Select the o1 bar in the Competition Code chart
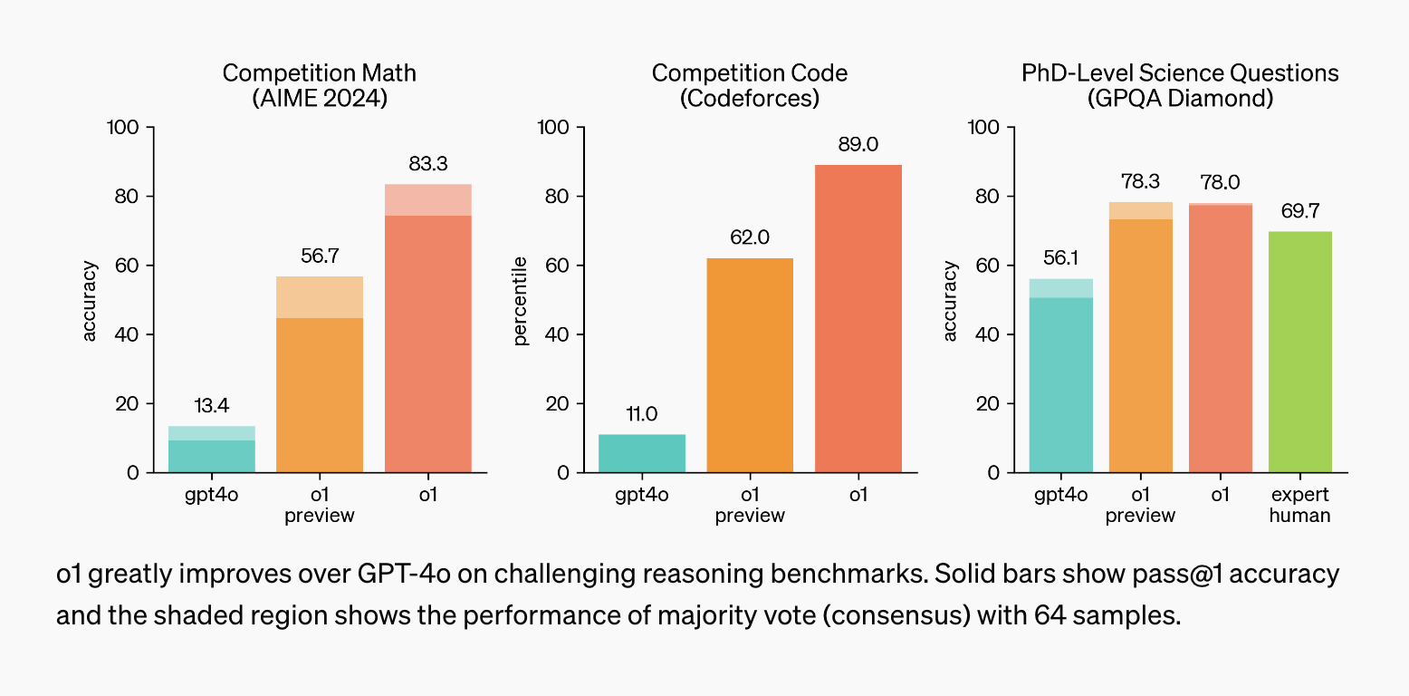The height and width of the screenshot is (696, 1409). (858, 317)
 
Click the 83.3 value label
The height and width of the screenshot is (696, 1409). (427, 165)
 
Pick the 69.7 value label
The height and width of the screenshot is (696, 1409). (1299, 211)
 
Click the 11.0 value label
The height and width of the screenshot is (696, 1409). (641, 415)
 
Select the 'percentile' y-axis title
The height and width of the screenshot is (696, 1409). (521, 300)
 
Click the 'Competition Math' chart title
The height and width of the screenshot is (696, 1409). (320, 72)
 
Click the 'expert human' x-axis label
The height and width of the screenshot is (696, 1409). (1299, 505)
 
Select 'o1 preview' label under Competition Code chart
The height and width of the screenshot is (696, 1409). (750, 505)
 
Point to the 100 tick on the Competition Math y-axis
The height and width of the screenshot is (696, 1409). (122, 128)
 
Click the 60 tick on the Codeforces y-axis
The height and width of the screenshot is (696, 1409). (556, 266)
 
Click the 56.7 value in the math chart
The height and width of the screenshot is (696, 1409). (320, 256)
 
